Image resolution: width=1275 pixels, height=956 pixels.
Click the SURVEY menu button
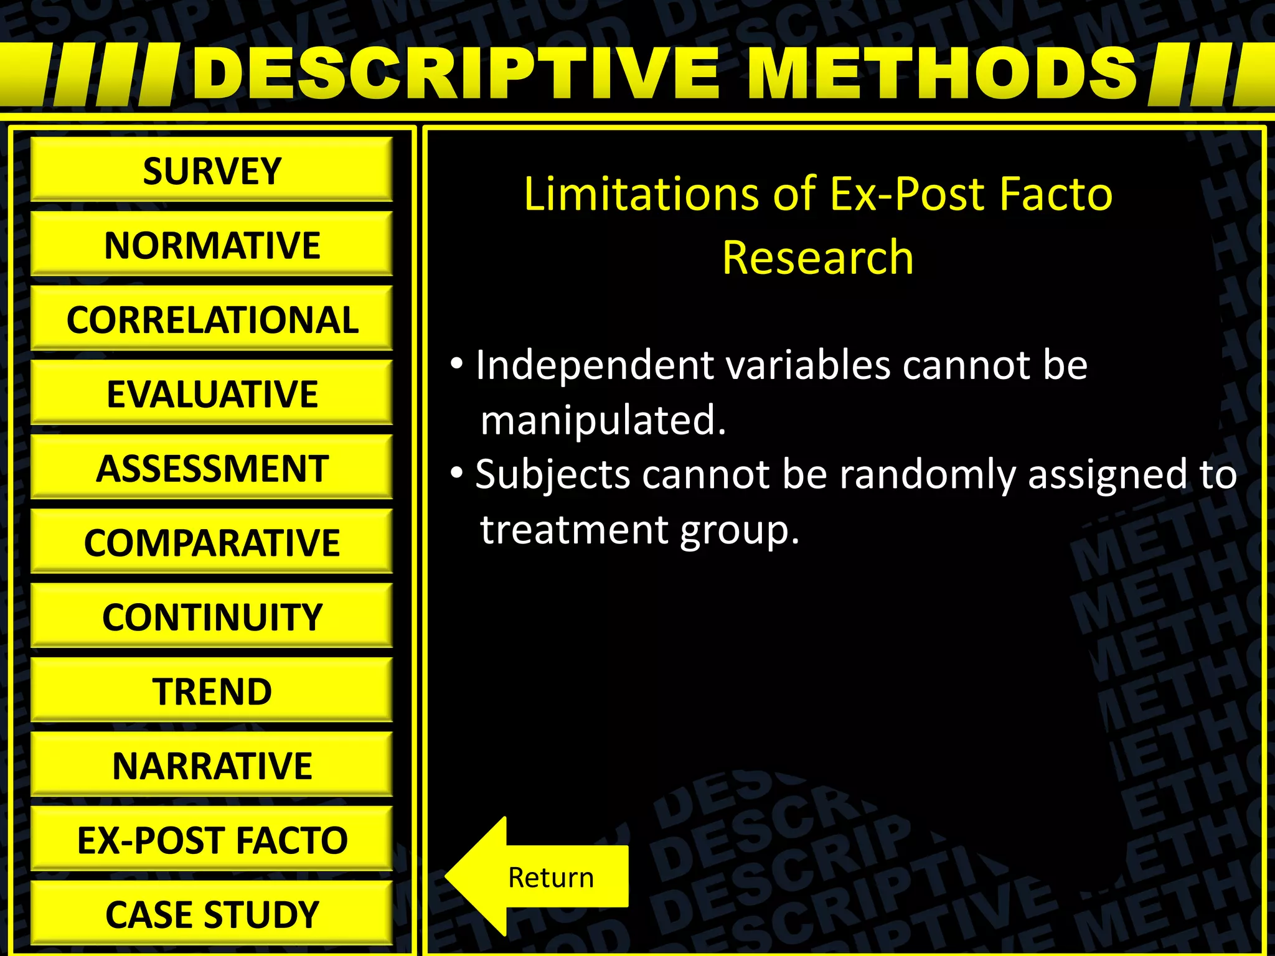coord(212,171)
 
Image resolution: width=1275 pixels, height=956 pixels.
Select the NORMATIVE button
coord(212,245)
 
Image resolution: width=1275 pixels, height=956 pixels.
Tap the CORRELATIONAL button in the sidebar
coord(212,319)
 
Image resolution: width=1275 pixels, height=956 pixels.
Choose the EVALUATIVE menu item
coord(212,393)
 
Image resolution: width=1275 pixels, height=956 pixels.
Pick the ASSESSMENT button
coord(212,468)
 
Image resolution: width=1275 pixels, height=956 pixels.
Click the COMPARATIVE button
coord(212,542)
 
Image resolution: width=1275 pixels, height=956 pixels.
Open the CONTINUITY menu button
coord(212,617)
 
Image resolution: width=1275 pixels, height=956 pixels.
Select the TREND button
coord(212,691)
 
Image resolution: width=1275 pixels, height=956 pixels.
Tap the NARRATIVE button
coord(212,766)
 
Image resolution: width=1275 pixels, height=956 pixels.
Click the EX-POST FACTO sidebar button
coord(212,840)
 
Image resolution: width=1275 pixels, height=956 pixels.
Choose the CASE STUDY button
coord(212,914)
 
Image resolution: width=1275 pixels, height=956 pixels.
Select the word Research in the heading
coord(817,258)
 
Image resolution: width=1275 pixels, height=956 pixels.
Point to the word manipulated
coord(603,421)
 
